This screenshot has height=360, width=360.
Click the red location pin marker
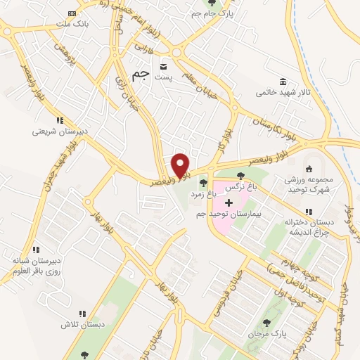click(x=181, y=165)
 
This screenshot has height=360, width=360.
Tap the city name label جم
click(x=141, y=75)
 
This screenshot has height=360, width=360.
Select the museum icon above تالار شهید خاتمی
click(x=282, y=82)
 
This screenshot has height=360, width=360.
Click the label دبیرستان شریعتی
click(x=61, y=131)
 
